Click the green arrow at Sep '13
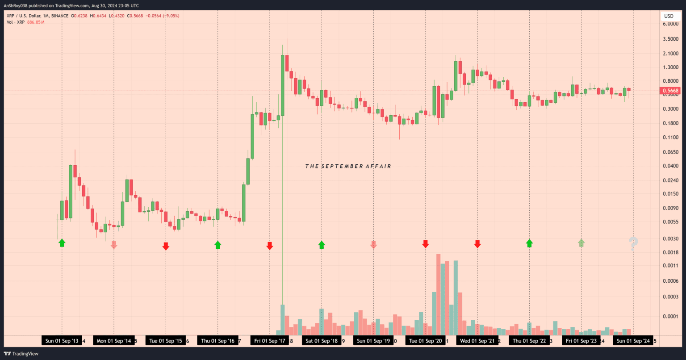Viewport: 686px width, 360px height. tap(62, 243)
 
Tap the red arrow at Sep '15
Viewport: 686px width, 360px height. tap(166, 246)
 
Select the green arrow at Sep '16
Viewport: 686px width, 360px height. tap(218, 244)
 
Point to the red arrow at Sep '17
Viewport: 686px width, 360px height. tap(269, 246)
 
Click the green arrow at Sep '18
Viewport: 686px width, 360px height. tap(322, 244)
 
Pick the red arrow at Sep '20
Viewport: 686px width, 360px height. tap(425, 244)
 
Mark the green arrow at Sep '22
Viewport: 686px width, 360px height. tap(529, 243)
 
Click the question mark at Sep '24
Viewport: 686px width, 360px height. tap(633, 243)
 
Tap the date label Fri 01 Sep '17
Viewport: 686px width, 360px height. tap(270, 341)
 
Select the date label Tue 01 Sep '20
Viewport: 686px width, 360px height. tap(426, 341)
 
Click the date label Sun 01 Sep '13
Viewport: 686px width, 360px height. tap(62, 341)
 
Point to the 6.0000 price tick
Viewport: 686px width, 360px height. tap(670, 24)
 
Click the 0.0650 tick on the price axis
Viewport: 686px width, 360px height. tap(670, 152)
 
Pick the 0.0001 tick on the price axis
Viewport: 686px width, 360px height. tap(670, 316)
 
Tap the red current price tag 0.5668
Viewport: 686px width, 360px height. tap(670, 91)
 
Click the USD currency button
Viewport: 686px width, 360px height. tap(669, 16)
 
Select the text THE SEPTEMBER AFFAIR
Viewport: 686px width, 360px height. tap(348, 166)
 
